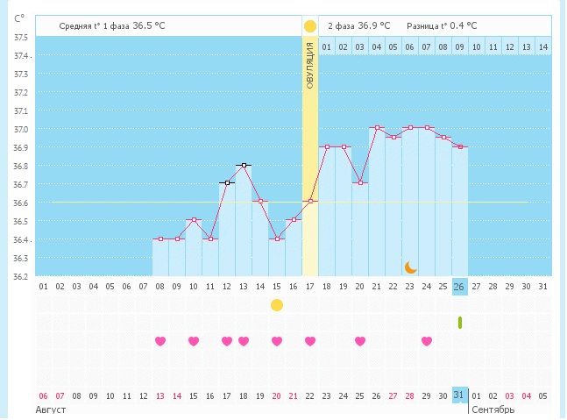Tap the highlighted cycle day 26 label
pyautogui.click(x=460, y=286)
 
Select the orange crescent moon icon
pyautogui.click(x=410, y=267)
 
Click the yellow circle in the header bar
pyautogui.click(x=309, y=26)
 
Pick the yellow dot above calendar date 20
pyautogui.click(x=277, y=305)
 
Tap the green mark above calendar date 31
pyautogui.click(x=460, y=323)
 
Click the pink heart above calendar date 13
pyautogui.click(x=160, y=341)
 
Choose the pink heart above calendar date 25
pyautogui.click(x=360, y=341)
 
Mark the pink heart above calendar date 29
pyautogui.click(x=427, y=341)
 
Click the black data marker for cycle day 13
pyautogui.click(x=244, y=165)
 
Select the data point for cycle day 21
pyautogui.click(x=377, y=128)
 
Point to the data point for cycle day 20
pyautogui.click(x=360, y=182)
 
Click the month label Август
pyautogui.click(x=51, y=409)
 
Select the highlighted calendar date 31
pyautogui.click(x=460, y=395)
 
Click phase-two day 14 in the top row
pyautogui.click(x=543, y=46)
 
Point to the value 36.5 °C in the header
pyautogui.click(x=148, y=26)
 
